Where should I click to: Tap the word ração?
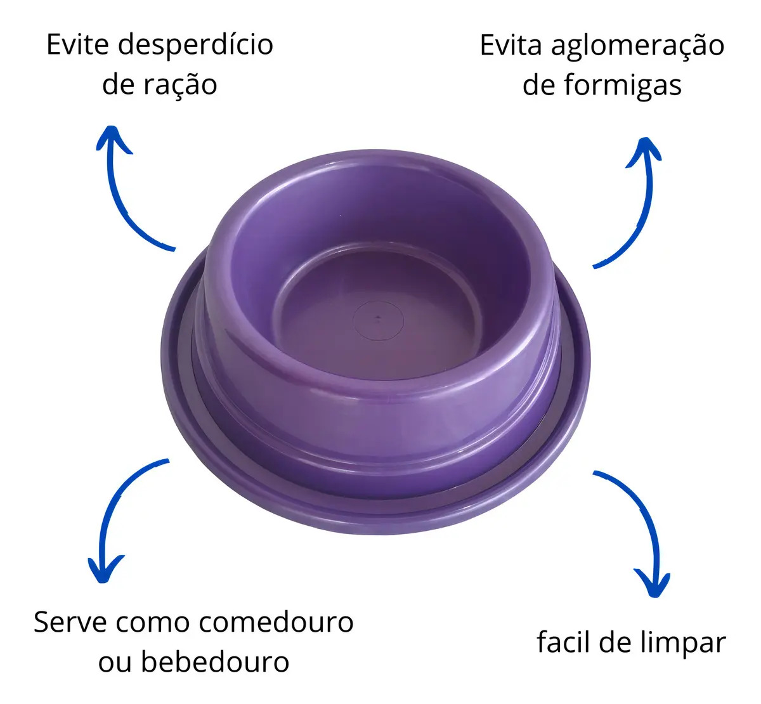[180, 86]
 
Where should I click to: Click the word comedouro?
[276, 622]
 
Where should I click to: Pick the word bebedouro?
[215, 662]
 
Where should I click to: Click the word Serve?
[70, 623]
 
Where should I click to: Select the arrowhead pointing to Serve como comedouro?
[104, 569]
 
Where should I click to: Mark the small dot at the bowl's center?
[378, 318]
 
